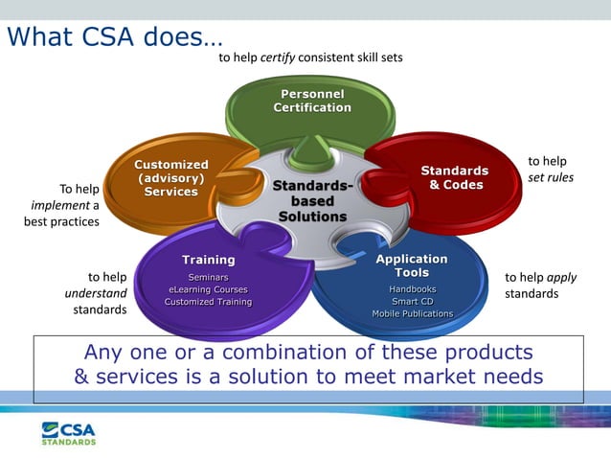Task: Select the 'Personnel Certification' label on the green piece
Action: [312, 101]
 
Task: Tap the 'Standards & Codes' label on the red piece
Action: [455, 177]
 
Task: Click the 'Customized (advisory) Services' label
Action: [170, 178]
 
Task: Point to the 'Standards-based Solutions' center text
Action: [312, 200]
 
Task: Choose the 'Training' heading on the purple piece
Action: [208, 260]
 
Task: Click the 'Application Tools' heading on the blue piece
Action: [412, 265]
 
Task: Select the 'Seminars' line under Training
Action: [208, 277]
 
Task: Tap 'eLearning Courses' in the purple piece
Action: [208, 289]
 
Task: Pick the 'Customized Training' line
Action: [208, 302]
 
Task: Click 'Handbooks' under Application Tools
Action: [412, 288]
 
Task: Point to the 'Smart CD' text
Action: [412, 301]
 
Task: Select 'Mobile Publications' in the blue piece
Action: [412, 313]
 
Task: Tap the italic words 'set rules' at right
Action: [551, 177]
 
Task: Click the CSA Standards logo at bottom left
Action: [69, 432]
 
